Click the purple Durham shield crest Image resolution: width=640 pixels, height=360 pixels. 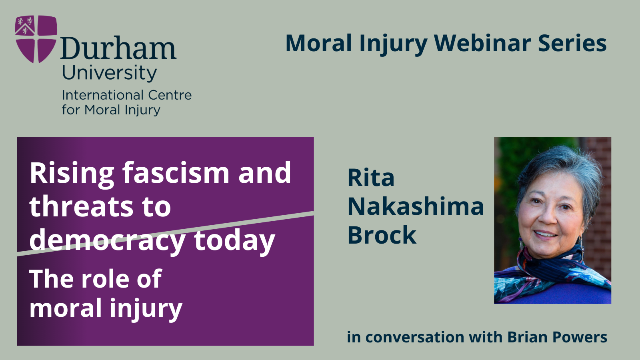click(36, 39)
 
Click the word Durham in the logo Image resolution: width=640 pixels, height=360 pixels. click(118, 49)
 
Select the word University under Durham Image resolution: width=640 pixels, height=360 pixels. click(109, 73)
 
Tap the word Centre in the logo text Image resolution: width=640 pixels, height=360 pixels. click(170, 95)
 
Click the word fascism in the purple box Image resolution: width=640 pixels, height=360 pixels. click(176, 173)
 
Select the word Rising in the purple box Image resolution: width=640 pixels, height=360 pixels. click(72, 174)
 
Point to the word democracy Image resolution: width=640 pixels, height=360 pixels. click(107, 241)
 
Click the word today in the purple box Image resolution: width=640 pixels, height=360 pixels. click(234, 241)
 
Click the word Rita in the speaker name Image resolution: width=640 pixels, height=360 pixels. click(371, 178)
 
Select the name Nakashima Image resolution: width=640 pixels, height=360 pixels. click(416, 206)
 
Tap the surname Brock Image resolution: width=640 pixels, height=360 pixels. click(382, 235)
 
